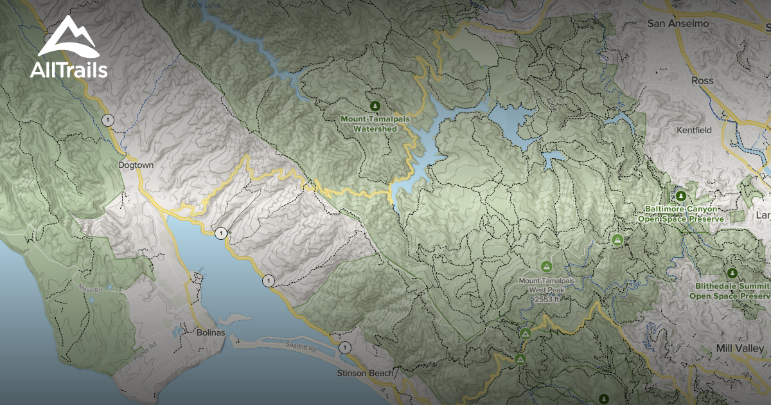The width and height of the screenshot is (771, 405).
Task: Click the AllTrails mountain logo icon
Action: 67,37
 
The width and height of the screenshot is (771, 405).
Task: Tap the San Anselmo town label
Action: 678,24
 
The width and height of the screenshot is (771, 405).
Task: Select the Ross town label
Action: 702,81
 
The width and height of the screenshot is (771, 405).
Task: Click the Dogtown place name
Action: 136,165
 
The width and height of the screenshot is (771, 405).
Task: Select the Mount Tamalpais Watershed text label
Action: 375,124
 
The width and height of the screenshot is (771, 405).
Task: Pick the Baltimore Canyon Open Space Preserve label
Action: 681,214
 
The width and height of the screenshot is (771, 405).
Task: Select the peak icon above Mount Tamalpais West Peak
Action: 546,265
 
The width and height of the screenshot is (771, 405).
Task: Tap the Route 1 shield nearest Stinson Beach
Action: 345,348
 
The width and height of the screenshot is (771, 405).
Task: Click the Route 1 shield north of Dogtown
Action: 108,120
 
